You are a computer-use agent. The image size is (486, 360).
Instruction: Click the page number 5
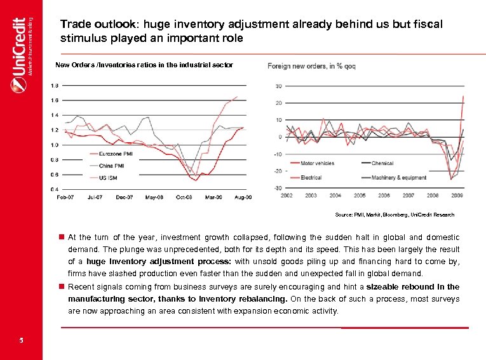[x=21, y=340]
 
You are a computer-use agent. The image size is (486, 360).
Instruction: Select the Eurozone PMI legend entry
[x=115, y=154]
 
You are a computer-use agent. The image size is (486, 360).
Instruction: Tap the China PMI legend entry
[x=112, y=165]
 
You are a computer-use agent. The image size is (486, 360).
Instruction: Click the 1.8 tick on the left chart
[x=55, y=85]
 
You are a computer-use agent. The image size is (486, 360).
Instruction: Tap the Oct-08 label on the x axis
[x=184, y=197]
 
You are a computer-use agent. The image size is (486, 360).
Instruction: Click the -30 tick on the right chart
[x=278, y=188]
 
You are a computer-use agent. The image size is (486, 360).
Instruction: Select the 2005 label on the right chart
[x=360, y=196]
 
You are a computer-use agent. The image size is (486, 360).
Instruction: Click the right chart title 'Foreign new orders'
[x=311, y=66]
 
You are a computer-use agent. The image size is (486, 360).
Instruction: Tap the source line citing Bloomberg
[x=395, y=215]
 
